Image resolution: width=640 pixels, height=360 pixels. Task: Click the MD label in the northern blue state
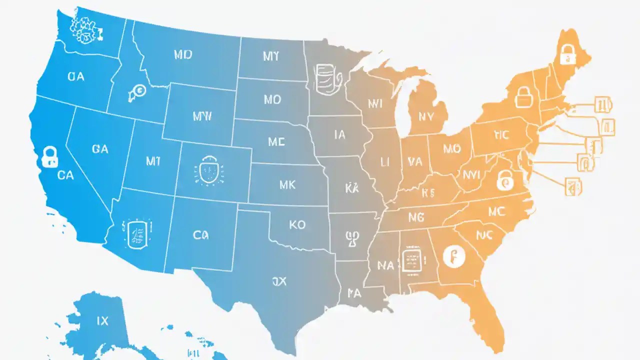pyautogui.click(x=183, y=55)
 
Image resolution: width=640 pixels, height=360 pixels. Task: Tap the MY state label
pyautogui.click(x=271, y=56)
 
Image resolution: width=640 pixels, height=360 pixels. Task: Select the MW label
pyautogui.click(x=202, y=116)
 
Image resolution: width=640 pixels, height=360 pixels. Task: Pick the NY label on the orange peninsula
pyautogui.click(x=426, y=116)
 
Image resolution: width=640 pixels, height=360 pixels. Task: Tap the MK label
pyautogui.click(x=287, y=185)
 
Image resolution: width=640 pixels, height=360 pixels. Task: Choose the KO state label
pyautogui.click(x=297, y=224)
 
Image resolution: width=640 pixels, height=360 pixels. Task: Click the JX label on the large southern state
pyautogui.click(x=279, y=281)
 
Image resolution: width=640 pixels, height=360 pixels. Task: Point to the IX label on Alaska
pyautogui.click(x=101, y=320)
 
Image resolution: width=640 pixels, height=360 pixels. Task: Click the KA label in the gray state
pyautogui.click(x=352, y=187)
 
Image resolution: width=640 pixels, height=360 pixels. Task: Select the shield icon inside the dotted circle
pyautogui.click(x=206, y=171)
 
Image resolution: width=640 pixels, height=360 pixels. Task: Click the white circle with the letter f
pyautogui.click(x=454, y=256)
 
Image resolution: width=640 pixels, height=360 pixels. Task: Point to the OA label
pyautogui.click(x=75, y=76)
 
